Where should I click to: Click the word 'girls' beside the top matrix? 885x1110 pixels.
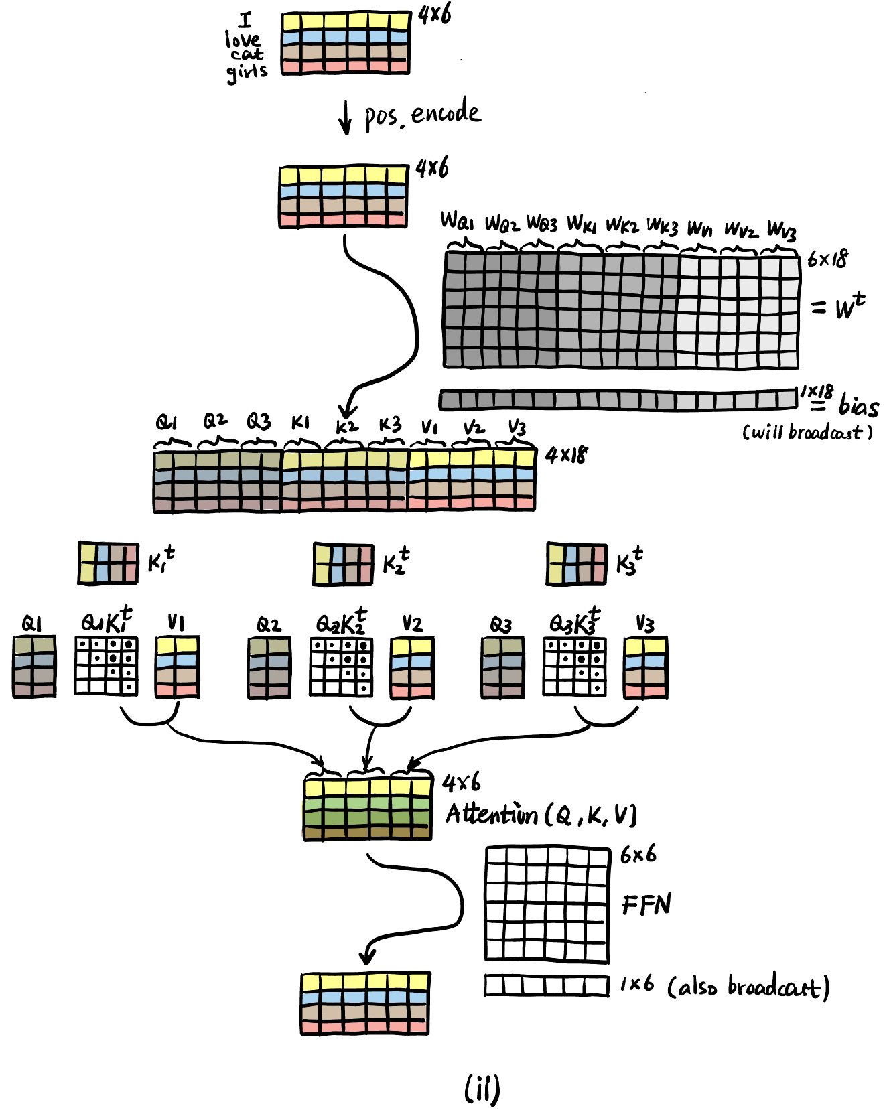(x=247, y=71)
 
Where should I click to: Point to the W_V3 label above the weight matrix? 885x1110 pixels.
(x=781, y=230)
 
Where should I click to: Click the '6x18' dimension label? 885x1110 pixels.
(x=827, y=259)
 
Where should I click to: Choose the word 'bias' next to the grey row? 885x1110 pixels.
(x=858, y=405)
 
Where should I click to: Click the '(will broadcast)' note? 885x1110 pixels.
(x=807, y=432)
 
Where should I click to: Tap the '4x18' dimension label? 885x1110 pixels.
(x=566, y=456)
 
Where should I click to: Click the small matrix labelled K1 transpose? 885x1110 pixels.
(x=109, y=563)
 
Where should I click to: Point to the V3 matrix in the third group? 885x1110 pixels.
(x=645, y=668)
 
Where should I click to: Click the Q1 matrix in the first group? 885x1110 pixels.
(x=34, y=667)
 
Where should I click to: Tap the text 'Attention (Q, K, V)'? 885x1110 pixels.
(x=541, y=815)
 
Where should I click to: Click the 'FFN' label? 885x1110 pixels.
(x=646, y=905)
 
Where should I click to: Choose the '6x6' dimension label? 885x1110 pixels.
(x=638, y=855)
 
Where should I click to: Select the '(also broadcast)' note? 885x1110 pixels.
(x=748, y=987)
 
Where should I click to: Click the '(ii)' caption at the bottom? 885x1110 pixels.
(x=482, y=1089)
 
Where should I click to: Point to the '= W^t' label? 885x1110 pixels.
(x=837, y=307)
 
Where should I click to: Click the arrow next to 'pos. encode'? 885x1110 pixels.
(x=345, y=117)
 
